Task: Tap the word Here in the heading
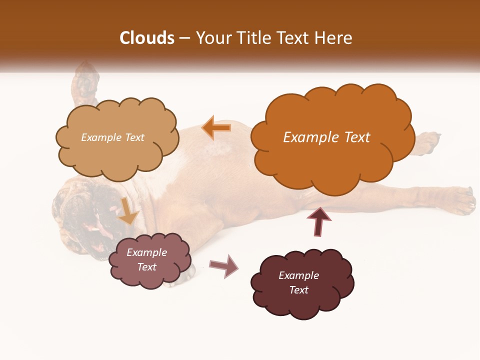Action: coord(333,38)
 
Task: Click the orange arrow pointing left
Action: coord(216,128)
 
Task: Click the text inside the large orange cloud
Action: coord(326,137)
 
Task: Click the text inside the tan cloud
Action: coord(112,137)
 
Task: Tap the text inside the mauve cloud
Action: coord(147,259)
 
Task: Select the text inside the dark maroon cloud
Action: coord(298,282)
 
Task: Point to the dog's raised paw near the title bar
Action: coord(84,80)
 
